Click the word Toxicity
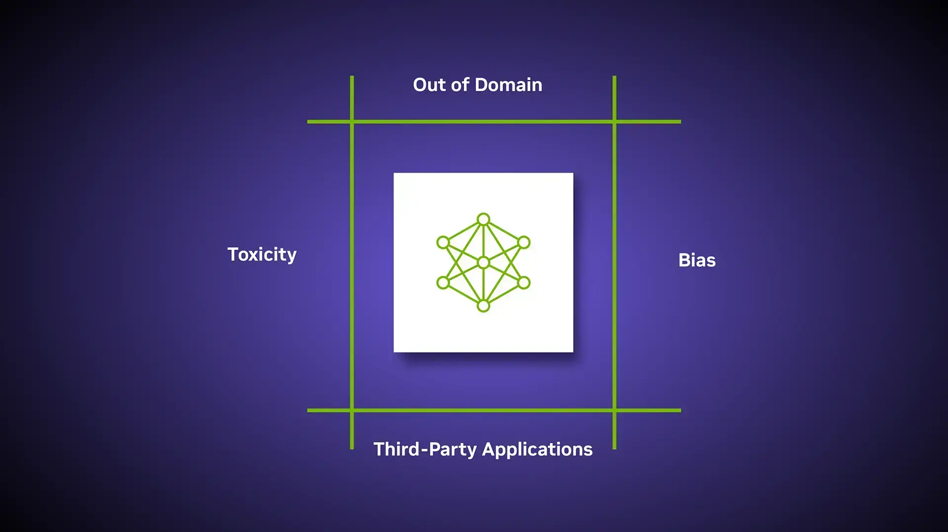pyautogui.click(x=262, y=255)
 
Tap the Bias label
pyautogui.click(x=697, y=260)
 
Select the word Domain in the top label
pyautogui.click(x=509, y=85)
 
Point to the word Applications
pyautogui.click(x=537, y=450)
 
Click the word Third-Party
pyautogui.click(x=425, y=450)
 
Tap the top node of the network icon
pyautogui.click(x=483, y=219)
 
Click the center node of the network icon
pyautogui.click(x=483, y=263)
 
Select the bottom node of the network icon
pyautogui.click(x=483, y=306)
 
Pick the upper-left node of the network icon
pyautogui.click(x=443, y=242)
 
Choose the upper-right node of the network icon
pyautogui.click(x=524, y=242)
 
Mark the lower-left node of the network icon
pyautogui.click(x=443, y=283)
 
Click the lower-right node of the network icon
pyautogui.click(x=524, y=283)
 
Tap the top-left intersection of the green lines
pyautogui.click(x=352, y=121)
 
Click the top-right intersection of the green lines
pyautogui.click(x=614, y=121)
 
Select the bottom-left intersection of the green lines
pyautogui.click(x=352, y=410)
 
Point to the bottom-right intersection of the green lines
pyautogui.click(x=614, y=410)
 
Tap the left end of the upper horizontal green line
pyautogui.click(x=308, y=121)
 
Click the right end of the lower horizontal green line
pyautogui.click(x=680, y=410)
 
